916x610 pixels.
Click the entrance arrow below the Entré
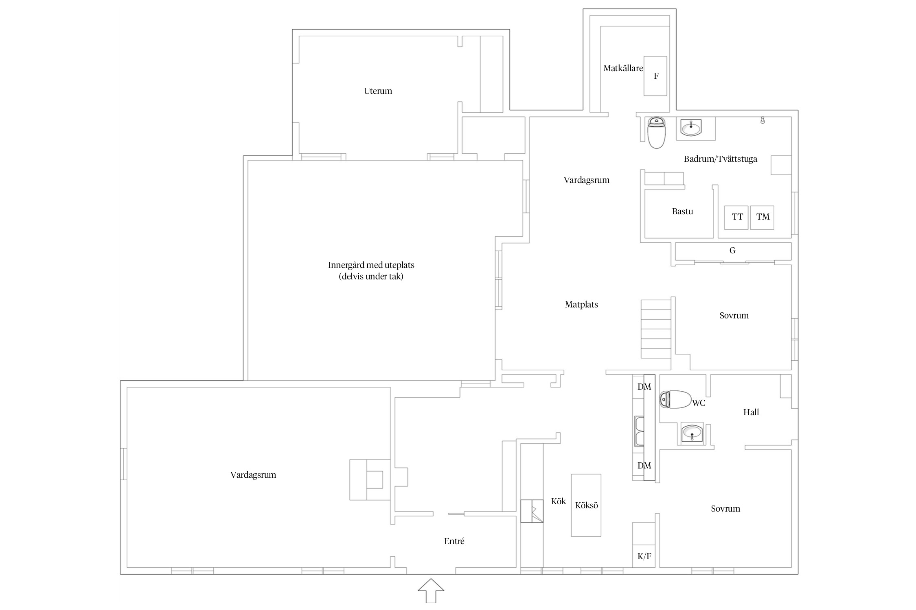tap(431, 590)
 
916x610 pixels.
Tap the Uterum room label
tap(378, 91)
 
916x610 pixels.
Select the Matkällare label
tap(623, 68)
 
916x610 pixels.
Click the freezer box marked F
tap(655, 76)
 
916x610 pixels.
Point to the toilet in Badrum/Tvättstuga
tap(656, 133)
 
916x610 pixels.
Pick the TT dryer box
tap(736, 218)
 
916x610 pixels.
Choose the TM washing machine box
tap(762, 218)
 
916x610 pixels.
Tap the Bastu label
tap(682, 211)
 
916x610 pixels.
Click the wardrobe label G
tap(732, 251)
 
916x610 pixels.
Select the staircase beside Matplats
tap(656, 329)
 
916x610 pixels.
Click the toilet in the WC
tap(675, 399)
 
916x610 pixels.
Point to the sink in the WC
tap(692, 433)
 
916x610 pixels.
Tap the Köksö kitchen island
tap(586, 505)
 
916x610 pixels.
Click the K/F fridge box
tap(644, 556)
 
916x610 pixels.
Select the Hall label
tap(751, 412)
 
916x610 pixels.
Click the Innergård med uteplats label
tap(371, 265)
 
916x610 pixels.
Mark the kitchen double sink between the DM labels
tap(639, 431)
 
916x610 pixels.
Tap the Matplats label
tap(581, 305)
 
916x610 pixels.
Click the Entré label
tap(454, 541)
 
